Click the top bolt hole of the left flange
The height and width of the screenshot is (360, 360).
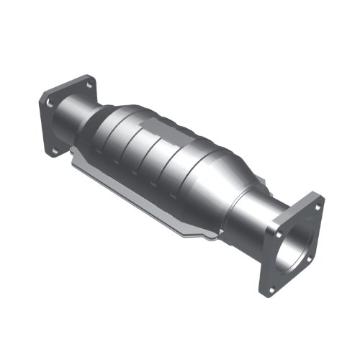[89, 85]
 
